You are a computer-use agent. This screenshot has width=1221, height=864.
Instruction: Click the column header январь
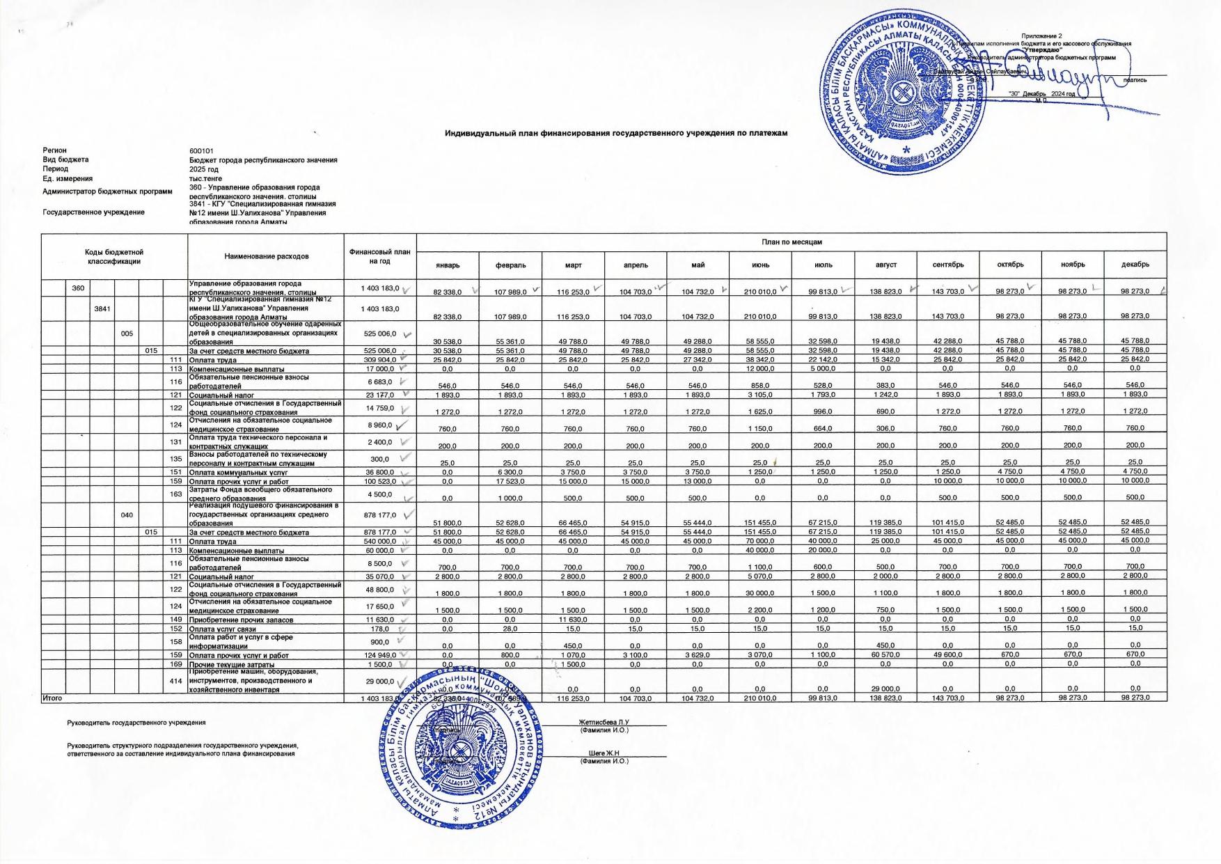point(448,265)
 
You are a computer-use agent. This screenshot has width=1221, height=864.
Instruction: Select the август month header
point(885,265)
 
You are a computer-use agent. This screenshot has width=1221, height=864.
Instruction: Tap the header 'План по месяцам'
point(791,242)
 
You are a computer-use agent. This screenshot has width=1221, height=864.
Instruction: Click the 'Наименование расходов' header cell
point(267,256)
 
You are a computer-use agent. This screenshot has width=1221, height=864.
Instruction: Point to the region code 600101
point(201,150)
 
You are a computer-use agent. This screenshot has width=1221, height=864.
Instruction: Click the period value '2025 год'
point(204,169)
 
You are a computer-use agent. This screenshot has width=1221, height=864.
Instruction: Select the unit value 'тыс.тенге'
point(205,179)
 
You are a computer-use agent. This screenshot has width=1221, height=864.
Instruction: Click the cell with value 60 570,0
point(885,655)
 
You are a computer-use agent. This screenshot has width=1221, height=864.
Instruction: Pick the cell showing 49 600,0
point(948,655)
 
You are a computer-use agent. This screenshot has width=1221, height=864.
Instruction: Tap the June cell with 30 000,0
point(760,593)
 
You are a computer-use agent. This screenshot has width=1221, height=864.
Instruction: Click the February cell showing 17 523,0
point(510,482)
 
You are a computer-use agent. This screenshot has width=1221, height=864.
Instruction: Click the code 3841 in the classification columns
point(102,308)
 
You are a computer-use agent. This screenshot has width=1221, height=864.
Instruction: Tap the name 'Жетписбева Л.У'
point(604,723)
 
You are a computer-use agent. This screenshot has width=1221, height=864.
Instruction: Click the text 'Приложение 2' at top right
point(1041,36)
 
